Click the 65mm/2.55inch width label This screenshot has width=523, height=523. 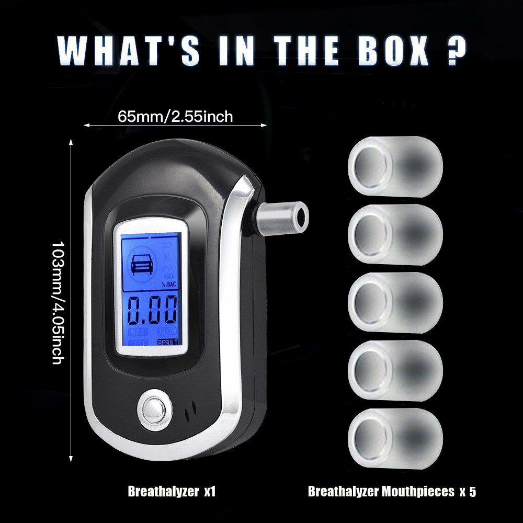175,116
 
